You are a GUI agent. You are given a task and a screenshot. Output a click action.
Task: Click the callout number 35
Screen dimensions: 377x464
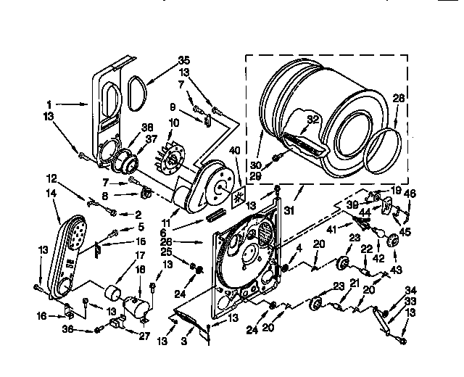pos(185,60)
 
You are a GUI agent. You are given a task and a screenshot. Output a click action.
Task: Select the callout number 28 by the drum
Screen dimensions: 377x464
pos(398,99)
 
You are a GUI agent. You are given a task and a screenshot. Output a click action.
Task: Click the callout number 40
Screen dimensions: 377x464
pos(234,151)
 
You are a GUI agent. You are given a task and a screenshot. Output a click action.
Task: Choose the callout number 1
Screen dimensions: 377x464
pos(49,104)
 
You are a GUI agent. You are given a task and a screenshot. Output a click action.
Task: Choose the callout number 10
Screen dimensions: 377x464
pos(173,123)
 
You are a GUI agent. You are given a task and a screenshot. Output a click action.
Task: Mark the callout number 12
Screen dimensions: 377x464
pos(51,179)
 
